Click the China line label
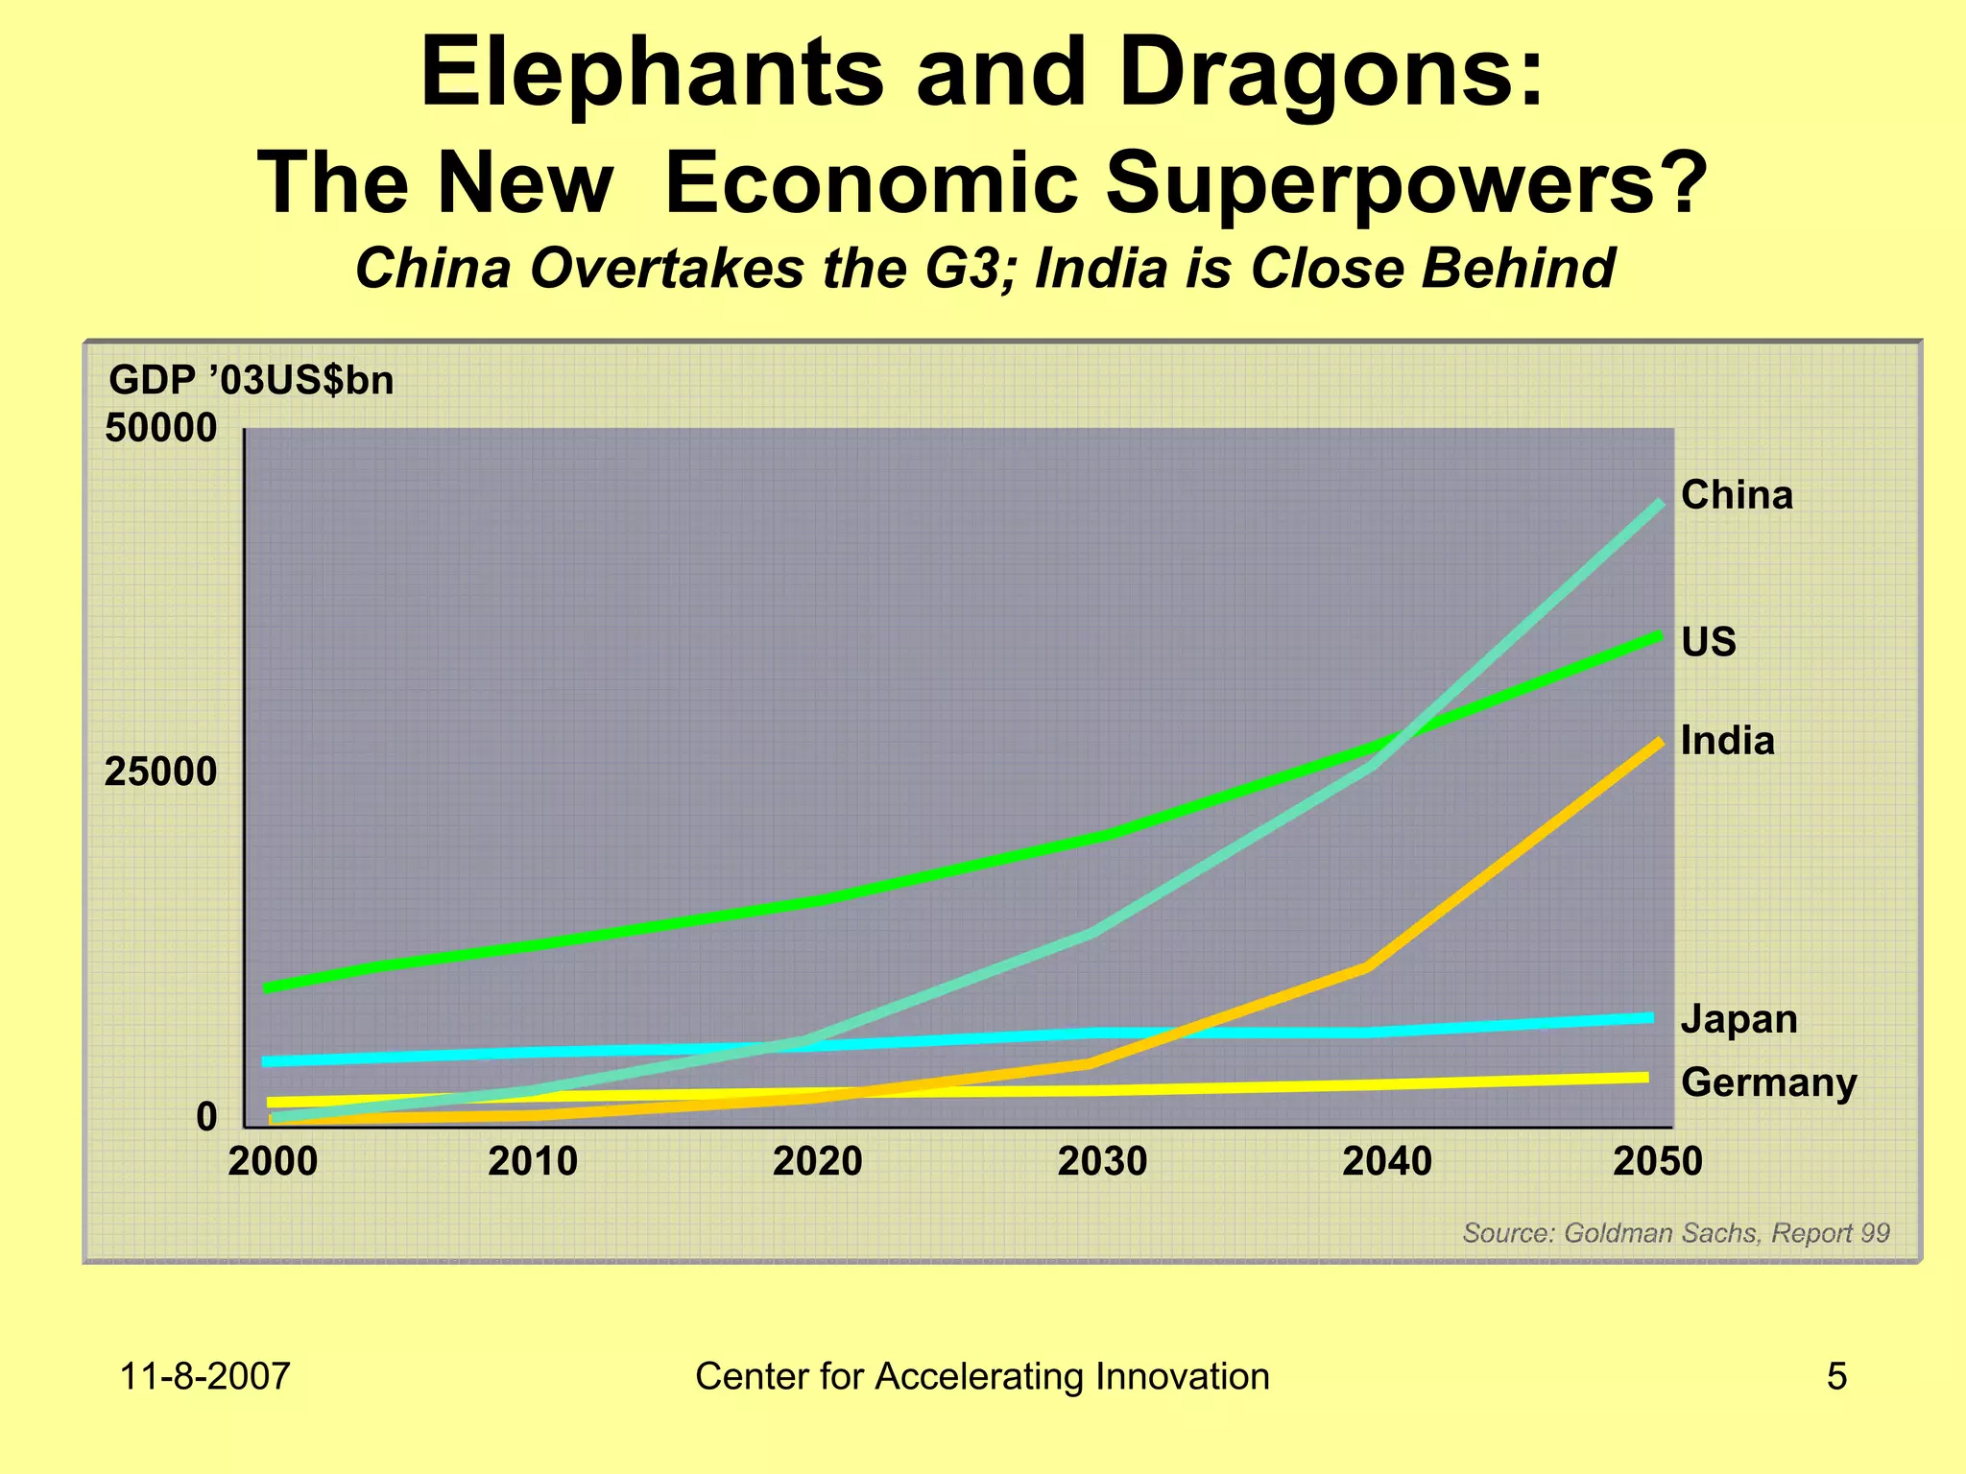click(1736, 495)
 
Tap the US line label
click(1708, 642)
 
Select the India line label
click(1727, 741)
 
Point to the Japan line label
click(1738, 1019)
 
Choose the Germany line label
click(1768, 1082)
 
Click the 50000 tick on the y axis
click(160, 428)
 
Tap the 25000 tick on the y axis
click(160, 772)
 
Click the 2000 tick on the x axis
click(273, 1162)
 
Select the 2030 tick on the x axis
click(1102, 1162)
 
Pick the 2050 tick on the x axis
click(1657, 1162)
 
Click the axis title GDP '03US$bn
click(252, 381)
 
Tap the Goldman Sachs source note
click(1675, 1233)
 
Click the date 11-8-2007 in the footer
click(204, 1376)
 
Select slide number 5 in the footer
click(1835, 1376)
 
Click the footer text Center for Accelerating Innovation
click(982, 1376)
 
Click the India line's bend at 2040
click(1367, 966)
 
